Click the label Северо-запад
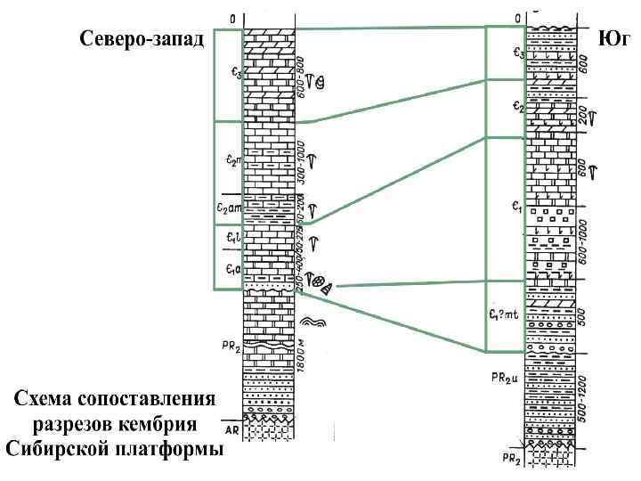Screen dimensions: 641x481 coord(142,39)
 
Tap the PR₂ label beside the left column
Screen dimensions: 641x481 coord(230,344)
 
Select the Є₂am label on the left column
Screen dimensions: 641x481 coord(229,208)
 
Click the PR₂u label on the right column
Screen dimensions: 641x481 coord(504,377)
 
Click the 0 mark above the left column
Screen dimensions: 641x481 coord(232,18)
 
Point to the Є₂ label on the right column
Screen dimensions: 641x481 coord(518,107)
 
